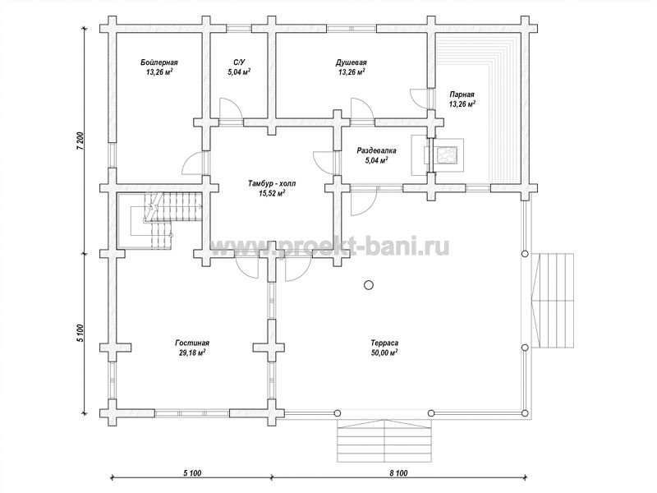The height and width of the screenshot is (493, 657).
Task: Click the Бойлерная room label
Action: tap(159, 62)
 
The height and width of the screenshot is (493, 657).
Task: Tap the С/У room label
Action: tap(239, 62)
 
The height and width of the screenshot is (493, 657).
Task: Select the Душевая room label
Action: tap(351, 62)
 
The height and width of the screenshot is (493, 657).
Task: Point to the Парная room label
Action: tap(462, 94)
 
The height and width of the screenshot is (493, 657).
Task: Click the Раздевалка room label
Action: tap(376, 150)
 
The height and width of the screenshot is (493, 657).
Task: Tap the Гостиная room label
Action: tap(192, 343)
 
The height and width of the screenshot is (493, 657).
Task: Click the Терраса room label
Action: tap(384, 343)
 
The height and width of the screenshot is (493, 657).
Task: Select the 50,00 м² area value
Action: tap(384, 352)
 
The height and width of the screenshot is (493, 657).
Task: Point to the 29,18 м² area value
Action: tap(192, 352)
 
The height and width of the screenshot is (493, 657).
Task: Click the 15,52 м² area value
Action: tap(272, 193)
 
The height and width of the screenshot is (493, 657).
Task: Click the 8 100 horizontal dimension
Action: tap(398, 473)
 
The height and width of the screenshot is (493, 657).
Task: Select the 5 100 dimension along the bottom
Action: tap(192, 473)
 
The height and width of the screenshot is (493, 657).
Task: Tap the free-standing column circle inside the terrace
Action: tap(368, 285)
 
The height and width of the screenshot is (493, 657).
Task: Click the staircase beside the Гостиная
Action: tap(159, 220)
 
